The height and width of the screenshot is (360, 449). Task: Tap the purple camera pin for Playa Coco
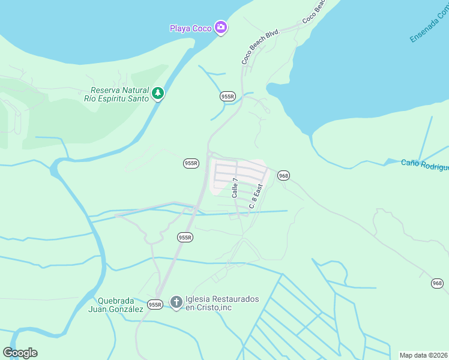(221, 28)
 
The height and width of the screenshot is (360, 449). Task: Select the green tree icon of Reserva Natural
(158, 94)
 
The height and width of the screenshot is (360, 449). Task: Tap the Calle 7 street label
(235, 188)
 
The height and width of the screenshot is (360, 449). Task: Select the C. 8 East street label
(256, 196)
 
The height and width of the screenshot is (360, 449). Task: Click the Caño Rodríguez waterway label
(424, 165)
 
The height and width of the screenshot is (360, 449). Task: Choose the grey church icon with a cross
(176, 302)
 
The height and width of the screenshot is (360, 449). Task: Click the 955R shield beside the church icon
(155, 305)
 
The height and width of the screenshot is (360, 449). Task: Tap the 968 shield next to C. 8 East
(283, 175)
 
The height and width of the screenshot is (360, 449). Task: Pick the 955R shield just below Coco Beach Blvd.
(228, 96)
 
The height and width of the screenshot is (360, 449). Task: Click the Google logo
(20, 353)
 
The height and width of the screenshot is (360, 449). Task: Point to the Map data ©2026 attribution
(423, 355)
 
